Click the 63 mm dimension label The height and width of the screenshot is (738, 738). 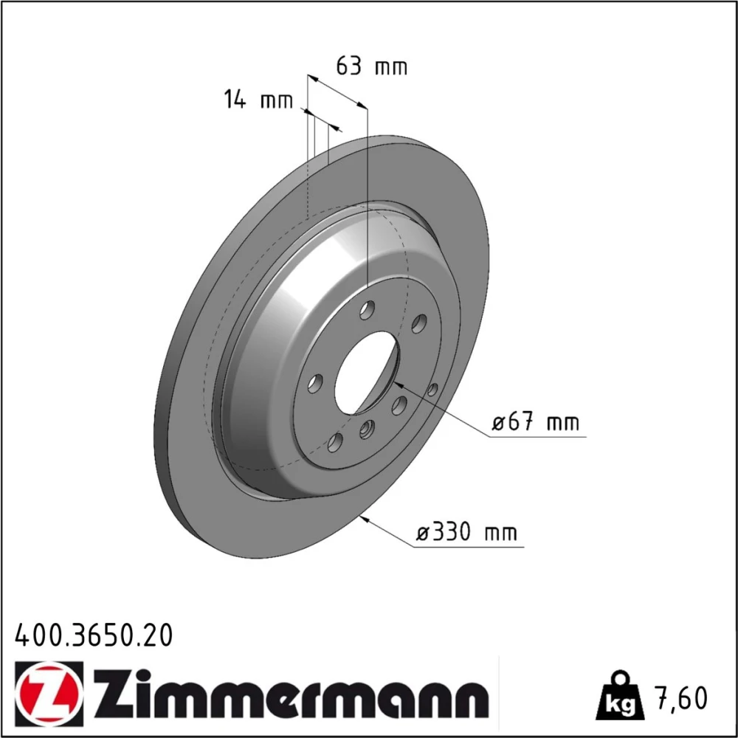(371, 66)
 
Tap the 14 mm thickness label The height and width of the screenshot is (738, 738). (258, 100)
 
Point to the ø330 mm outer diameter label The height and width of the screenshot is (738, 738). (467, 532)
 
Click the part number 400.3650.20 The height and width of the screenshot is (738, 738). (94, 635)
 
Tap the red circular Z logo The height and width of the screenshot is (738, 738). (49, 690)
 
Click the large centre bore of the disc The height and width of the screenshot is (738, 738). (366, 373)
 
